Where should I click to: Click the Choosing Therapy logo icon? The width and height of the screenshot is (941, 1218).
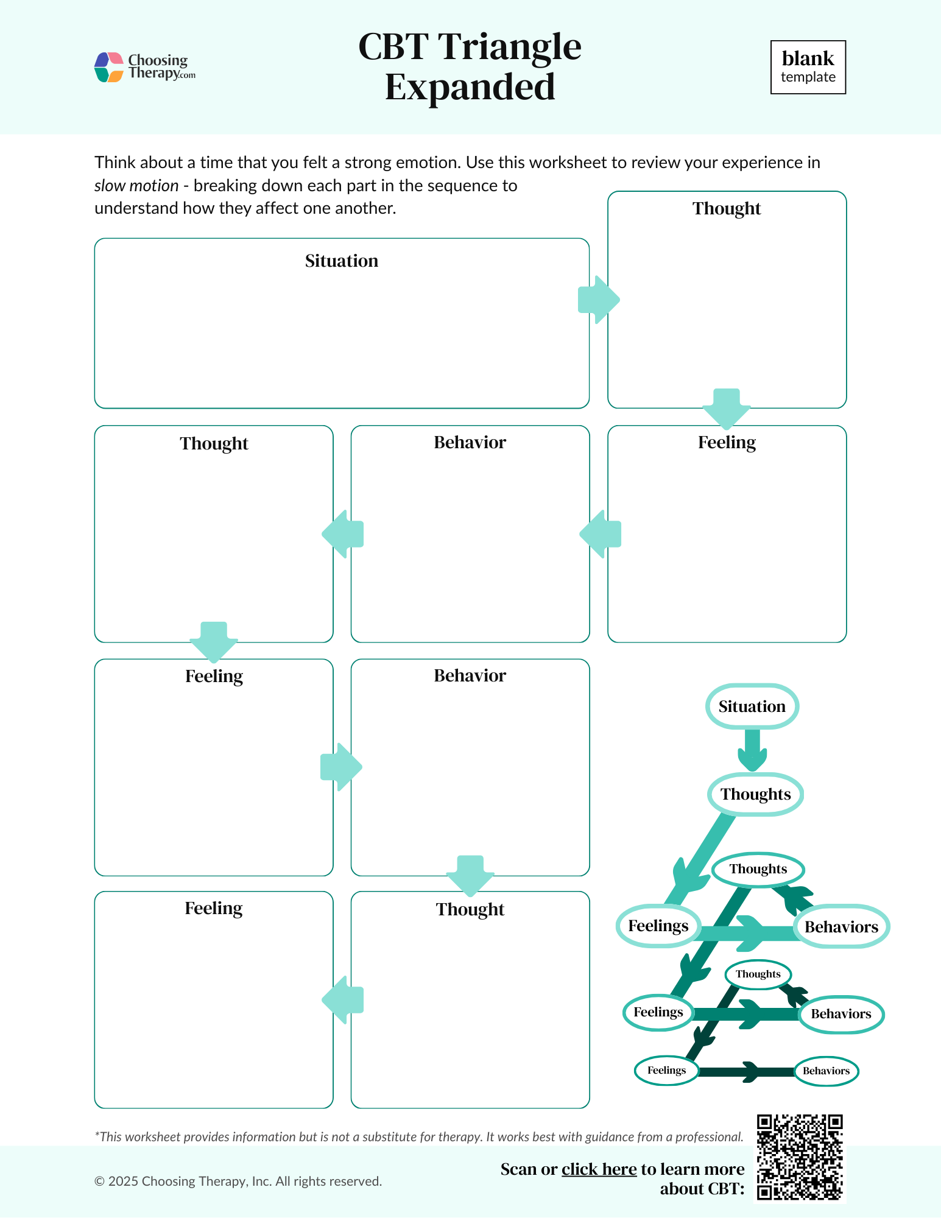click(x=109, y=67)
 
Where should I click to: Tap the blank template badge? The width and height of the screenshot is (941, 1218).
click(x=808, y=67)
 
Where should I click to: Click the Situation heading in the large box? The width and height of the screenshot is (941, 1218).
click(x=341, y=261)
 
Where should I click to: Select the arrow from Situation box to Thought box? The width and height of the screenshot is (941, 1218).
click(x=598, y=300)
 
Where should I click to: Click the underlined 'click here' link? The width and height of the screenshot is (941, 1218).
click(x=599, y=1169)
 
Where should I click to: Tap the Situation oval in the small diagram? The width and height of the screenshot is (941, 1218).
click(x=752, y=706)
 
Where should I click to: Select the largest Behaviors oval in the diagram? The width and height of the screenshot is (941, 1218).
click(x=841, y=927)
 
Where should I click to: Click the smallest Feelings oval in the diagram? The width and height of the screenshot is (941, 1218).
click(x=666, y=1071)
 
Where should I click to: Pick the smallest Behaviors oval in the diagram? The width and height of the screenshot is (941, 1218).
click(x=826, y=1071)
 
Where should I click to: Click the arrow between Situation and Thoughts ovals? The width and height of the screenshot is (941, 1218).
click(x=752, y=751)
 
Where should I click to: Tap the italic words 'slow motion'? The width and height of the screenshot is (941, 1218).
click(x=136, y=186)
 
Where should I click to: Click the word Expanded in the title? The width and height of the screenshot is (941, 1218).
click(x=470, y=87)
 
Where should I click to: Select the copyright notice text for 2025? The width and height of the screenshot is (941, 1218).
click(x=238, y=1181)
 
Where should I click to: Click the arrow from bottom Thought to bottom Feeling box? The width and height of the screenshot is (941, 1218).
click(x=343, y=1000)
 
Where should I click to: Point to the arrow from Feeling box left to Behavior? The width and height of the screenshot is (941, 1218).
click(x=600, y=534)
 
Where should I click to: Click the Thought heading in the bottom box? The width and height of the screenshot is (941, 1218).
click(x=470, y=910)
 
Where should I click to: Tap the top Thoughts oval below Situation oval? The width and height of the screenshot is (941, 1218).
click(x=755, y=794)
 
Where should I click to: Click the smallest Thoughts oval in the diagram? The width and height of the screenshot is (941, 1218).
click(x=758, y=974)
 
